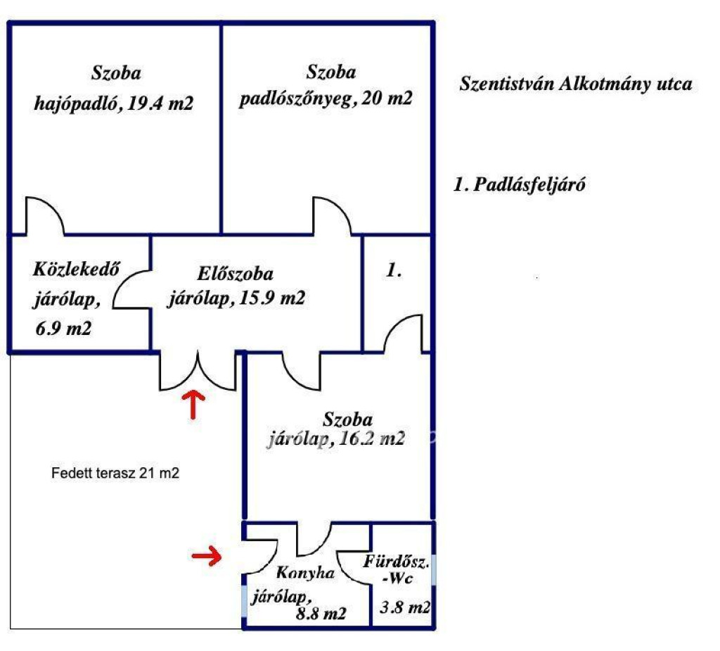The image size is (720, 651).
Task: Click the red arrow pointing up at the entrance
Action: point(194,405)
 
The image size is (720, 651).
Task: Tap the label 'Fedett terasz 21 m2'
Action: point(115,473)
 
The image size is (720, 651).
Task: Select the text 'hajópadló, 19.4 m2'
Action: point(113,103)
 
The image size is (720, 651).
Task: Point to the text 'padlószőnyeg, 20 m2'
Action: point(326,99)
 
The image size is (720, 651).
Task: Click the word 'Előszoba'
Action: point(235,274)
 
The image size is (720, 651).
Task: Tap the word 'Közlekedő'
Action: point(76,269)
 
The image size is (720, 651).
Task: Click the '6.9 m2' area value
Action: point(63,328)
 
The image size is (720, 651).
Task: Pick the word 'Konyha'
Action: point(305,573)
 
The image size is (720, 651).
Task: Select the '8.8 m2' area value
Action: point(321,613)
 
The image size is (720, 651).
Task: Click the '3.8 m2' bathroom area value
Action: point(405,607)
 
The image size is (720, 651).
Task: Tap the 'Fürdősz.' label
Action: point(397,562)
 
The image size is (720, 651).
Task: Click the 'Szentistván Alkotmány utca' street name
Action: point(576,84)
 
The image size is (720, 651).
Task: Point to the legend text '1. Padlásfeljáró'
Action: point(520,184)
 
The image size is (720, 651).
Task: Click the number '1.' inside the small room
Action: point(394,270)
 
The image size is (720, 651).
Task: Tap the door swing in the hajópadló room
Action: point(45,215)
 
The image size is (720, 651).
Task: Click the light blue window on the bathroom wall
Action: point(433,569)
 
